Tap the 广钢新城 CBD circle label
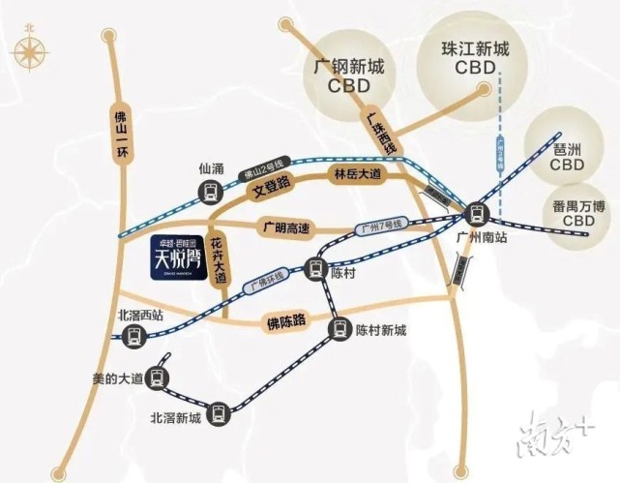(349, 75)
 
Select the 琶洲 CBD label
(567, 157)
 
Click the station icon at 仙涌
(209, 193)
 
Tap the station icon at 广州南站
(474, 214)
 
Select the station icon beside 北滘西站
(134, 336)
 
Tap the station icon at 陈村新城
(340, 329)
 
